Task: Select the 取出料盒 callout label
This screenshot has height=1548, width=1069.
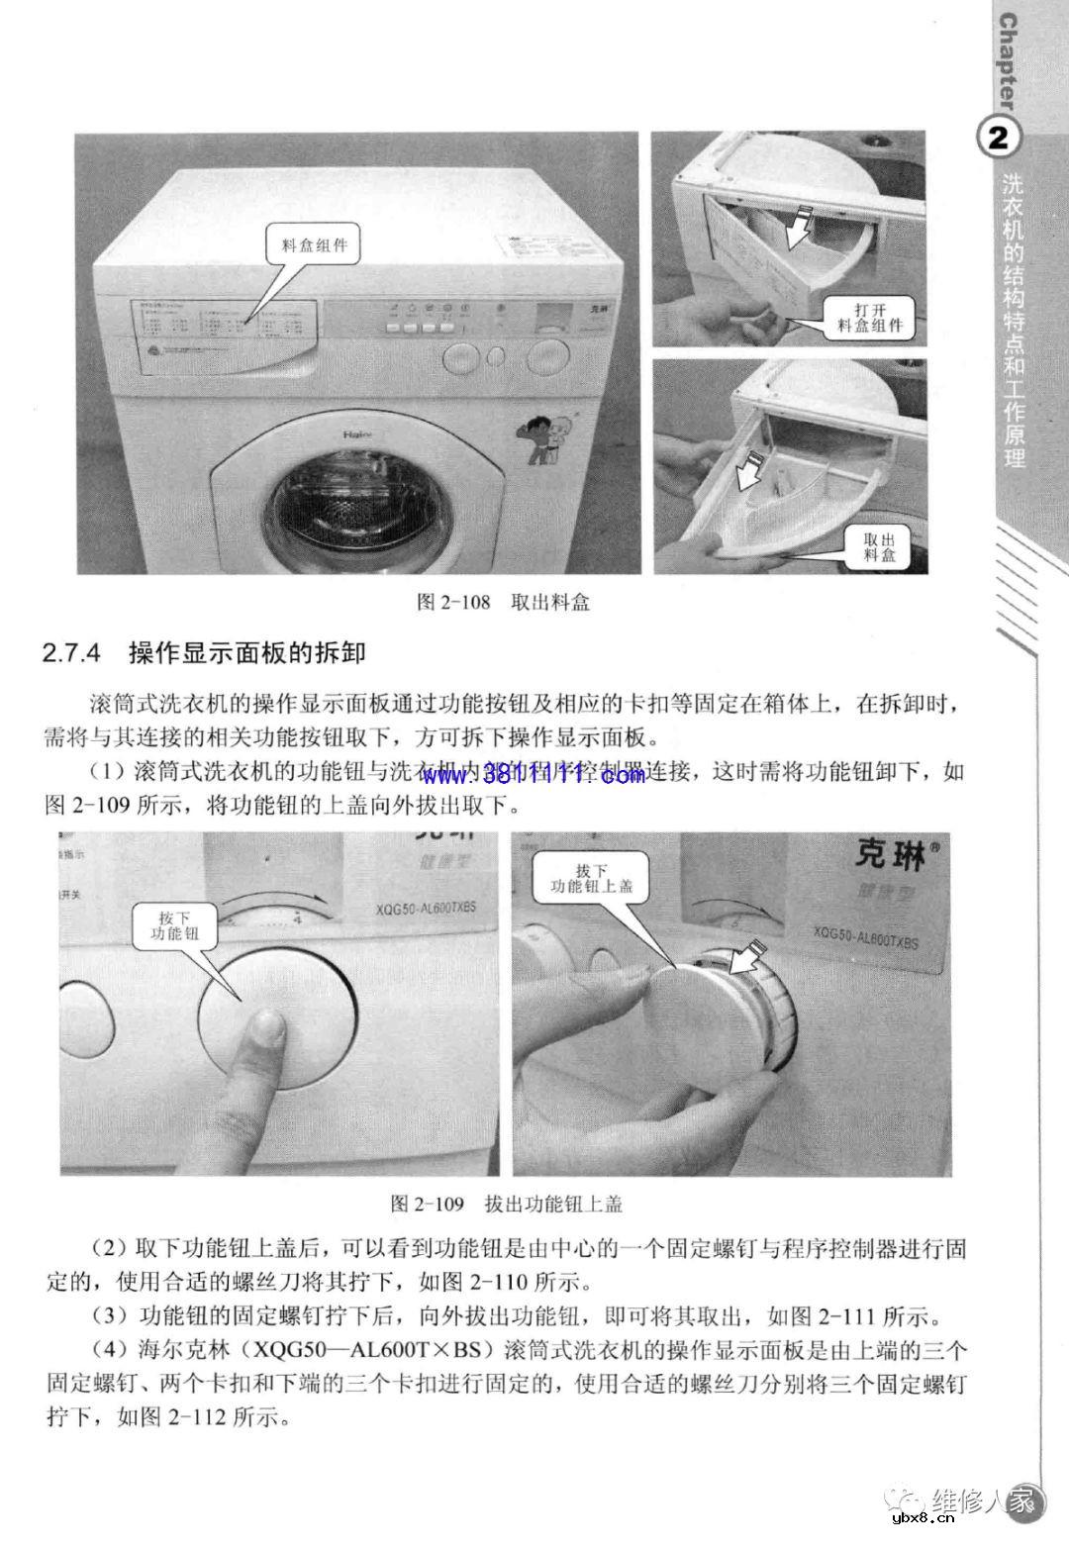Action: coord(879,547)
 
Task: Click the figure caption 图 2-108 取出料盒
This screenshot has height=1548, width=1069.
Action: coord(504,603)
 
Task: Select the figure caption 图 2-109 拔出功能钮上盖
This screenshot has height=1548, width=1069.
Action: coord(506,1204)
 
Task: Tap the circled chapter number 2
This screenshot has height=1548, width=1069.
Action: coord(999,138)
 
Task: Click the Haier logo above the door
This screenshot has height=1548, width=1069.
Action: coord(356,434)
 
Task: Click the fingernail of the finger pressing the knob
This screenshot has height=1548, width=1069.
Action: coord(263,1029)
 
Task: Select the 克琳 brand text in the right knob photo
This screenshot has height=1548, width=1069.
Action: coord(890,853)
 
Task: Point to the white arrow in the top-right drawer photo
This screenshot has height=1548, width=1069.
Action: coord(800,228)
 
